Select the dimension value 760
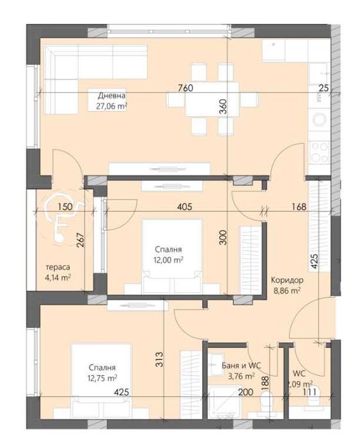pos(185,88)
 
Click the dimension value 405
pos(185,207)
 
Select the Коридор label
pos(286,279)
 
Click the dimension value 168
pos(299,207)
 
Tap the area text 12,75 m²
pos(102,379)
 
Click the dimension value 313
pos(159,361)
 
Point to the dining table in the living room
pos(203,100)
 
